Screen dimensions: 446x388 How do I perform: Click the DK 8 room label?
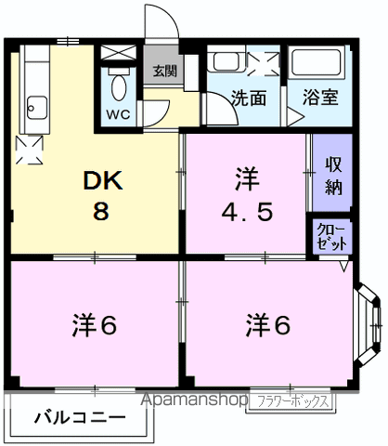click(99, 196)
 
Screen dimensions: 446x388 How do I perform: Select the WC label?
click(118, 115)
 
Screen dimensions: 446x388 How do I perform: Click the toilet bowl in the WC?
click(118, 89)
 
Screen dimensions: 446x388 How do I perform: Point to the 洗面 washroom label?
click(249, 97)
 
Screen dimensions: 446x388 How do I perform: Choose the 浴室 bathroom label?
click(319, 97)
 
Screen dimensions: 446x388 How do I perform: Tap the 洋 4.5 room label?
click(245, 196)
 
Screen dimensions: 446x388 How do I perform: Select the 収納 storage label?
click(333, 174)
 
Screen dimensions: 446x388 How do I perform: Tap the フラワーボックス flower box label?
click(291, 402)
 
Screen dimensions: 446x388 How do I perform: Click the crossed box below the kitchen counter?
click(29, 147)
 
